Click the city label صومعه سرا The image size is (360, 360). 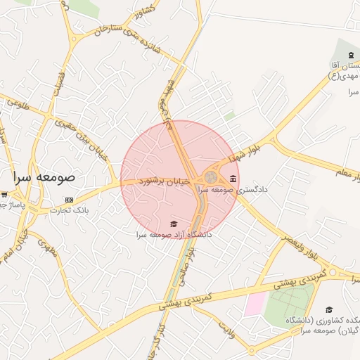click(x=47, y=178)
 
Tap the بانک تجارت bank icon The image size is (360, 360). click(x=68, y=200)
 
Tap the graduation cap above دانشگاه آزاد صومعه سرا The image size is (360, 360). click(x=174, y=224)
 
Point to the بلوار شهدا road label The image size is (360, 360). click(x=249, y=153)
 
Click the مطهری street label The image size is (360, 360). click(x=48, y=246)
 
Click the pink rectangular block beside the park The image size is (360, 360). click(x=255, y=304)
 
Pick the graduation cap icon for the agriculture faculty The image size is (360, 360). click(x=329, y=309)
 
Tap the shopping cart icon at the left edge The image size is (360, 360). click(x=4, y=194)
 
